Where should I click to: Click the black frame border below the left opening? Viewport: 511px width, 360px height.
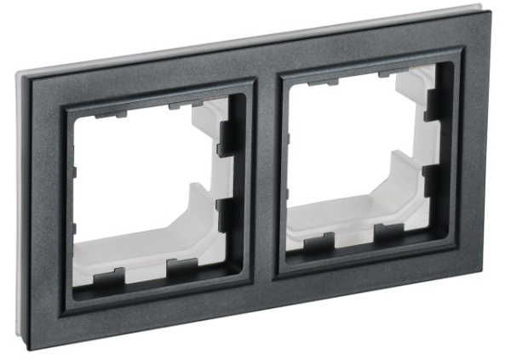click(153, 298)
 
